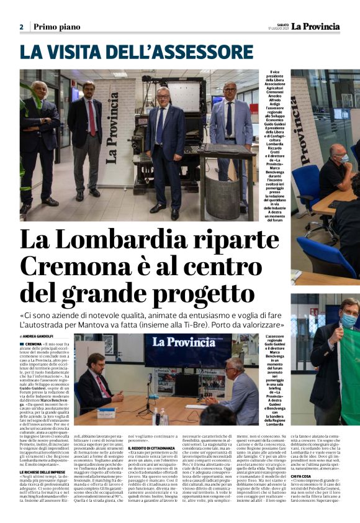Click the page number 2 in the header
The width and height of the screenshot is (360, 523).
(21, 27)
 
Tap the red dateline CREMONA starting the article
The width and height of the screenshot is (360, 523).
(33, 343)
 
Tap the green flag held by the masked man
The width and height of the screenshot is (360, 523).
(347, 366)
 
